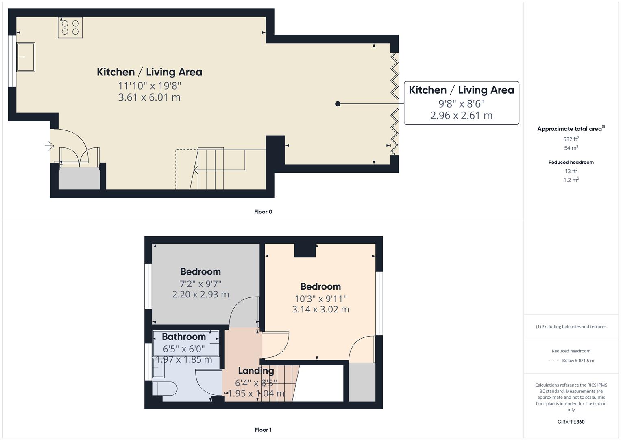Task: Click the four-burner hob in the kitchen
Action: [x=70, y=27]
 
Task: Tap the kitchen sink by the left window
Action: [x=25, y=57]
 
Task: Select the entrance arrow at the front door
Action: [x=49, y=145]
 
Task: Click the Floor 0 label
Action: [x=263, y=212]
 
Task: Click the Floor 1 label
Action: [x=263, y=430]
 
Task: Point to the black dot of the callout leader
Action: [x=338, y=104]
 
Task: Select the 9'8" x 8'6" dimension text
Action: [x=461, y=103]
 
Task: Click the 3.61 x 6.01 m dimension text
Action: [x=149, y=97]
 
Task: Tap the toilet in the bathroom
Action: [x=165, y=389]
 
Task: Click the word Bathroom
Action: [x=184, y=337]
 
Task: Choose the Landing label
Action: [x=256, y=370]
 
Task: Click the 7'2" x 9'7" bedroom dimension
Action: [x=200, y=284]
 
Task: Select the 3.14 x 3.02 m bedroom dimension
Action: [x=320, y=309]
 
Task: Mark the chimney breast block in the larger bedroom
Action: [x=305, y=251]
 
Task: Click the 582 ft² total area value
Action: [x=571, y=139]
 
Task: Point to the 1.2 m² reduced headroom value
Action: [x=571, y=180]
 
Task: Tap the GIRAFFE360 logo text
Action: [x=571, y=422]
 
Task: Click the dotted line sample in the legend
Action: [x=553, y=361]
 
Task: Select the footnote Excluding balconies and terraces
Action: [x=571, y=326]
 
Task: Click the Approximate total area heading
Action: [x=570, y=129]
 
